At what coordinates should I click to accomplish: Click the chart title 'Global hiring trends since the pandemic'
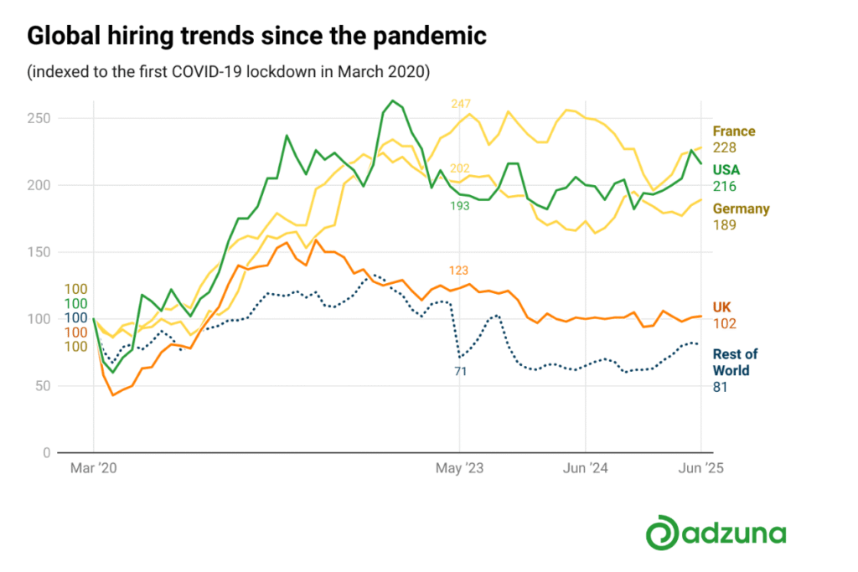(x=256, y=36)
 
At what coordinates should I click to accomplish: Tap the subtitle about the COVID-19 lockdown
(x=228, y=72)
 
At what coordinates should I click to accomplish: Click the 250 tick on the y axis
(x=39, y=118)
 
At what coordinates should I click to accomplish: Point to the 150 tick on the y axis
(x=39, y=252)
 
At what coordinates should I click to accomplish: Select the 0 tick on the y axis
(x=47, y=453)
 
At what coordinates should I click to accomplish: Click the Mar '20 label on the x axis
(x=94, y=468)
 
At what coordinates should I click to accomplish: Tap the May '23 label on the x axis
(x=460, y=468)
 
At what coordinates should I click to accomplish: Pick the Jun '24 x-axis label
(x=586, y=468)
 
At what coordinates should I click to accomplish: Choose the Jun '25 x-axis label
(x=701, y=468)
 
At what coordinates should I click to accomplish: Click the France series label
(x=734, y=131)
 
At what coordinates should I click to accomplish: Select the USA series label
(x=726, y=170)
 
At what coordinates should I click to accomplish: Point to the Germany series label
(x=741, y=209)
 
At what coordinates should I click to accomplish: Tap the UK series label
(x=721, y=307)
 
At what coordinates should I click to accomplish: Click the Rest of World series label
(x=735, y=362)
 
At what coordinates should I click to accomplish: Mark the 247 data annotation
(x=461, y=104)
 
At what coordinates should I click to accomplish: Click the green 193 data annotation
(x=460, y=206)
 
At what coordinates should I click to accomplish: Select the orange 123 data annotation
(x=458, y=271)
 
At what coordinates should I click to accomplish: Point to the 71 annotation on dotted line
(x=461, y=372)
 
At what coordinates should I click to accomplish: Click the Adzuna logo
(x=716, y=533)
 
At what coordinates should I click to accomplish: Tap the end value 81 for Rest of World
(x=720, y=387)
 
